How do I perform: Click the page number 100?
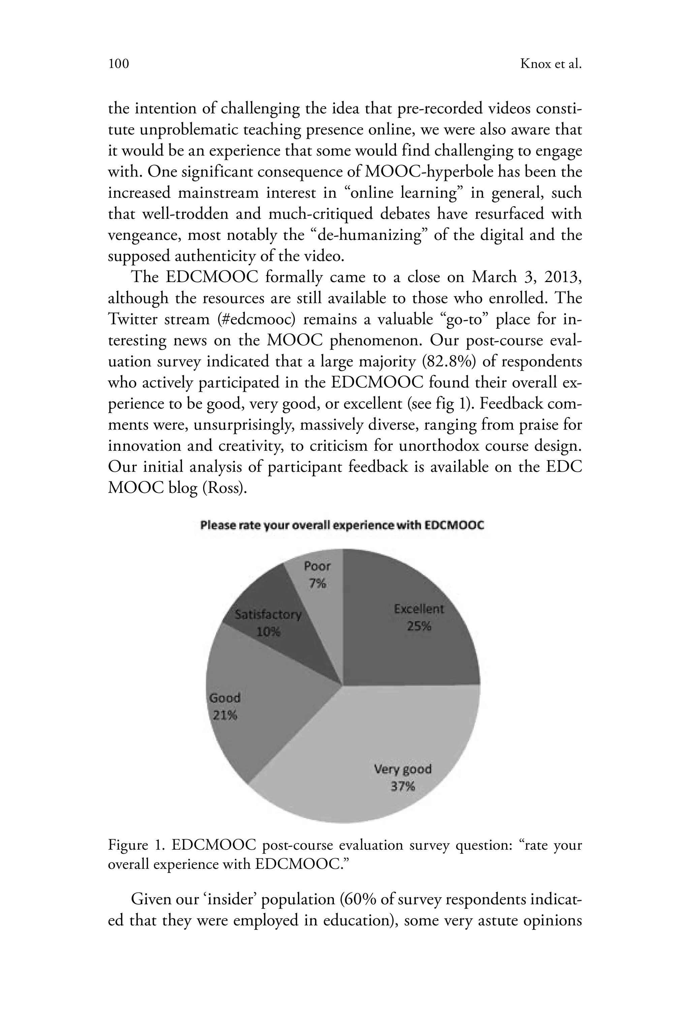[x=119, y=64]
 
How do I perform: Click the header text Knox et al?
[x=551, y=64]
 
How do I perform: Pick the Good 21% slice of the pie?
[x=260, y=704]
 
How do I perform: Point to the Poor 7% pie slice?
[x=319, y=585]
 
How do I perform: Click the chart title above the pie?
[x=342, y=526]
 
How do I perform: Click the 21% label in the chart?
[x=225, y=716]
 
